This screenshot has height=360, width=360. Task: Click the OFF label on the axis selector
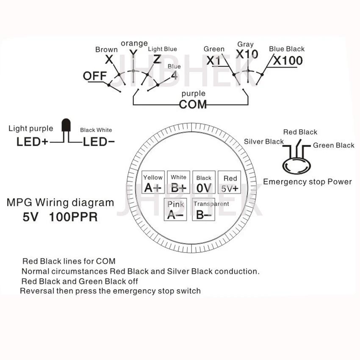click(x=94, y=76)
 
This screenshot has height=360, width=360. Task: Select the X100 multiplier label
click(x=288, y=61)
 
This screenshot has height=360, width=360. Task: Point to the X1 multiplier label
click(x=214, y=61)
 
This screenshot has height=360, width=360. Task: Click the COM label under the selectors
click(x=193, y=104)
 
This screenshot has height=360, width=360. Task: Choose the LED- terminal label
click(x=97, y=141)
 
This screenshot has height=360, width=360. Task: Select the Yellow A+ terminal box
click(x=153, y=183)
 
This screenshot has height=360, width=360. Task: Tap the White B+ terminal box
click(x=178, y=183)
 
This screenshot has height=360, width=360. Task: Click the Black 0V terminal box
click(x=204, y=183)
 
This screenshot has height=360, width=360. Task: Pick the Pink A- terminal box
click(x=176, y=210)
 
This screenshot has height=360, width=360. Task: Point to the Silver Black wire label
click(x=263, y=141)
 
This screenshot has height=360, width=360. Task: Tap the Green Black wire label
click(x=334, y=145)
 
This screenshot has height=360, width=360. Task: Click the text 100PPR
click(x=73, y=217)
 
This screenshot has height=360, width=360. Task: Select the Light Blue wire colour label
click(x=163, y=49)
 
